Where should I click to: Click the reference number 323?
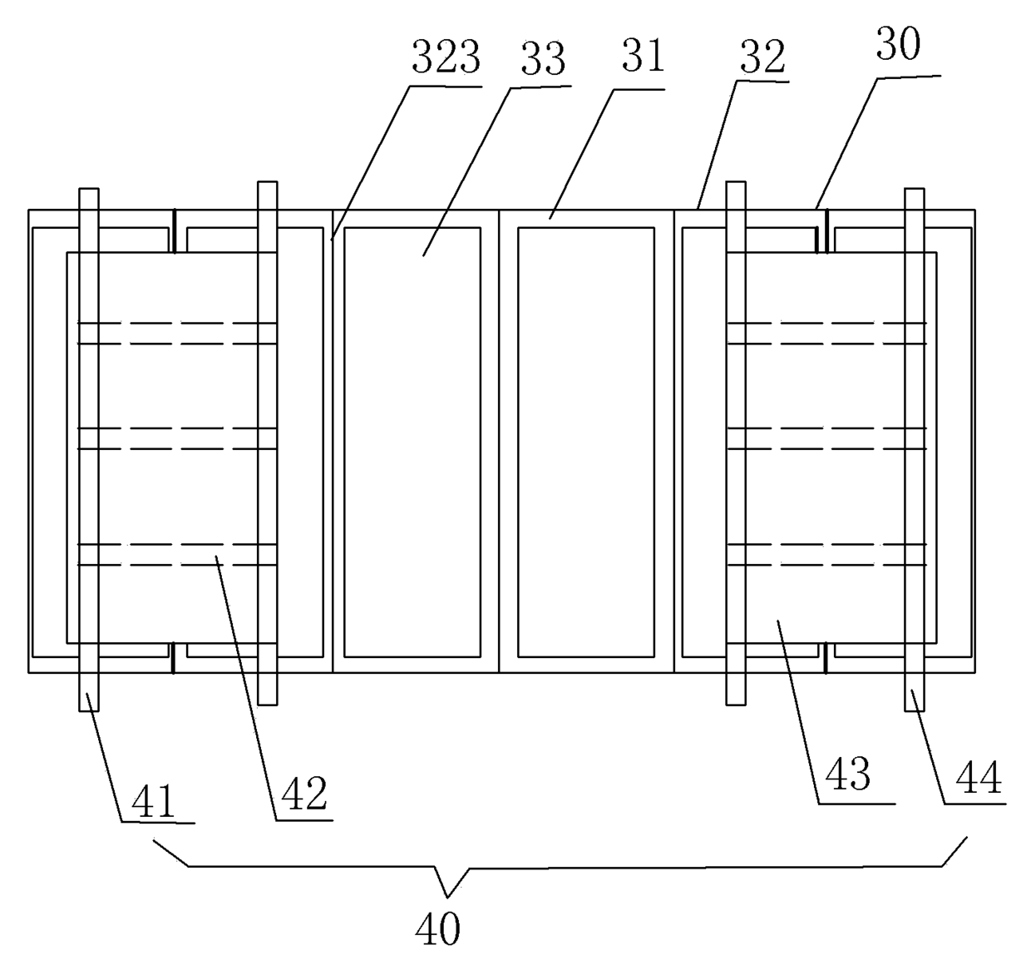tap(446, 59)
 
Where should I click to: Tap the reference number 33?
tap(543, 60)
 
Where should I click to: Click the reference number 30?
tap(898, 46)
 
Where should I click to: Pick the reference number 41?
tap(155, 802)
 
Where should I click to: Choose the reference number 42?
tap(304, 794)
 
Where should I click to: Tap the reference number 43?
tap(848, 775)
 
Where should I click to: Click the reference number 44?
tap(979, 779)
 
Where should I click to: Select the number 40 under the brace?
tap(437, 928)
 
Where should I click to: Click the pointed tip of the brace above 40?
tap(447, 897)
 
